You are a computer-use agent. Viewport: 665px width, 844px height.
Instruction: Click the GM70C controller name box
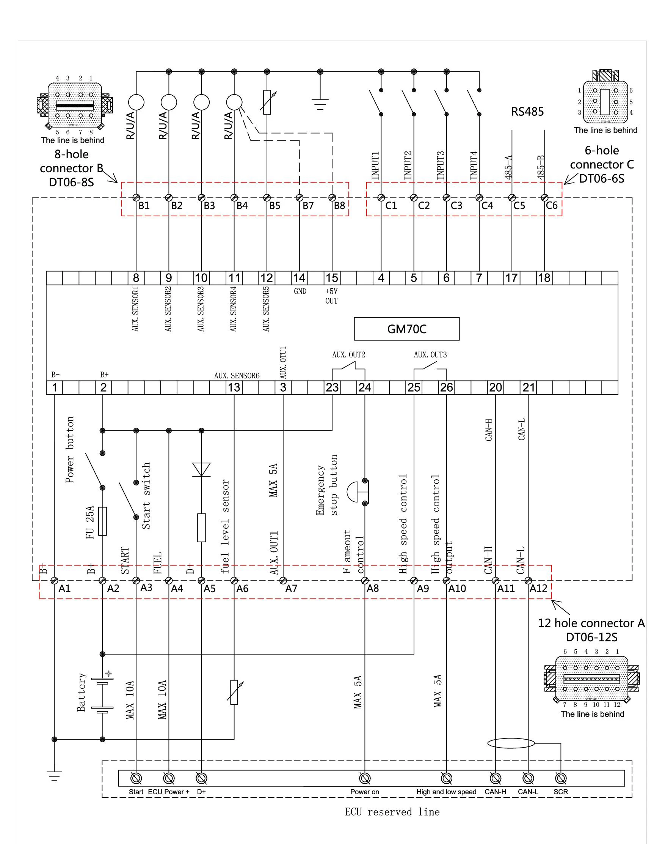[406, 329]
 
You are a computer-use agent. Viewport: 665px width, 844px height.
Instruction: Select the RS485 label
[527, 112]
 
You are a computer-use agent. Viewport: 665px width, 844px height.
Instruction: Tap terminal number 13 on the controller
[234, 387]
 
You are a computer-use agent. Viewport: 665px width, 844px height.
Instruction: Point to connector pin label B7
[308, 206]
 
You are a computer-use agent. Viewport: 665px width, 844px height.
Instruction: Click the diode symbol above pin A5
[201, 469]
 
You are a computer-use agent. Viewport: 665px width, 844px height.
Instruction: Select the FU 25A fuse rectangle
[102, 521]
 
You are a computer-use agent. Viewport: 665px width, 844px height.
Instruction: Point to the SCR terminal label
[561, 792]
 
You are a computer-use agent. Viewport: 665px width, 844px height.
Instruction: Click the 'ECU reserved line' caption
[392, 812]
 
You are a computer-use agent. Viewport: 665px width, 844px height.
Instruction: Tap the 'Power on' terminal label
[364, 792]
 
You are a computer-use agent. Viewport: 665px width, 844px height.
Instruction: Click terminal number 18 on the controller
[544, 278]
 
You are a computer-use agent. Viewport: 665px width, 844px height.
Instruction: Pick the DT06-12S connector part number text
[591, 637]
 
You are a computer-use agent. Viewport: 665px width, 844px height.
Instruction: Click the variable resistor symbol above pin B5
[267, 102]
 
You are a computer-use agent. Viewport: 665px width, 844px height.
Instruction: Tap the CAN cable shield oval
[511, 743]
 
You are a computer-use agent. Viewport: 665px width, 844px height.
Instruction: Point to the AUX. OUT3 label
[430, 354]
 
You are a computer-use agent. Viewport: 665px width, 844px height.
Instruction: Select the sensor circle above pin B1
[136, 102]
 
